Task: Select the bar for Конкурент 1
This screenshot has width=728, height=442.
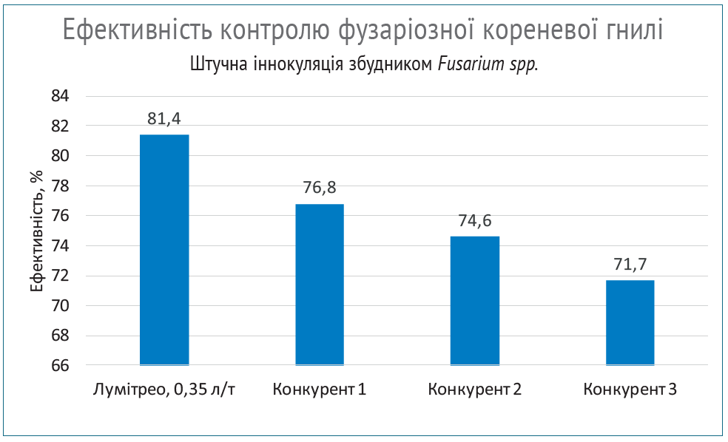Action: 320,285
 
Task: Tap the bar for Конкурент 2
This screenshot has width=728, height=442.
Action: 475,301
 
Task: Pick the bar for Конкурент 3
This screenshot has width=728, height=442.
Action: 630,322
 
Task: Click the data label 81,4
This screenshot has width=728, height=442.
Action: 164,118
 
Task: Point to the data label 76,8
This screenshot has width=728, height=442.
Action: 320,188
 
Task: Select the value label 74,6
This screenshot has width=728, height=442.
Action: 475,220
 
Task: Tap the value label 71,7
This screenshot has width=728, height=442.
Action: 630,264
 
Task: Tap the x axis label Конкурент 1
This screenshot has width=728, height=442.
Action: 320,389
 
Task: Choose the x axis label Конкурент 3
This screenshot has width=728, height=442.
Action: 630,389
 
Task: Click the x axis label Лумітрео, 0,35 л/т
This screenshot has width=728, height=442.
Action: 164,389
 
